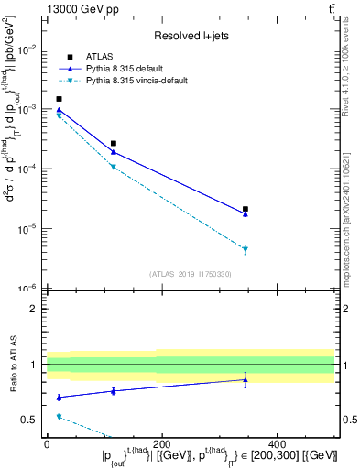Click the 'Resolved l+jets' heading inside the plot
click(x=189, y=36)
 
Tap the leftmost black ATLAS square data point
click(x=59, y=99)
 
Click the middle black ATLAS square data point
click(x=114, y=143)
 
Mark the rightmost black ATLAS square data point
click(x=245, y=210)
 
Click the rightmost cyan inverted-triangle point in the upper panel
click(x=245, y=249)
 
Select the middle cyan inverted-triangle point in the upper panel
click(x=114, y=168)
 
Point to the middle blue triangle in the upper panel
click(x=114, y=151)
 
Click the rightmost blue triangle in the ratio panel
click(x=245, y=379)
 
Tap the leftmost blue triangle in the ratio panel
click(x=59, y=397)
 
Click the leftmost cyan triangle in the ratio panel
click(x=59, y=417)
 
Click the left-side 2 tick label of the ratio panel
click(x=34, y=309)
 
